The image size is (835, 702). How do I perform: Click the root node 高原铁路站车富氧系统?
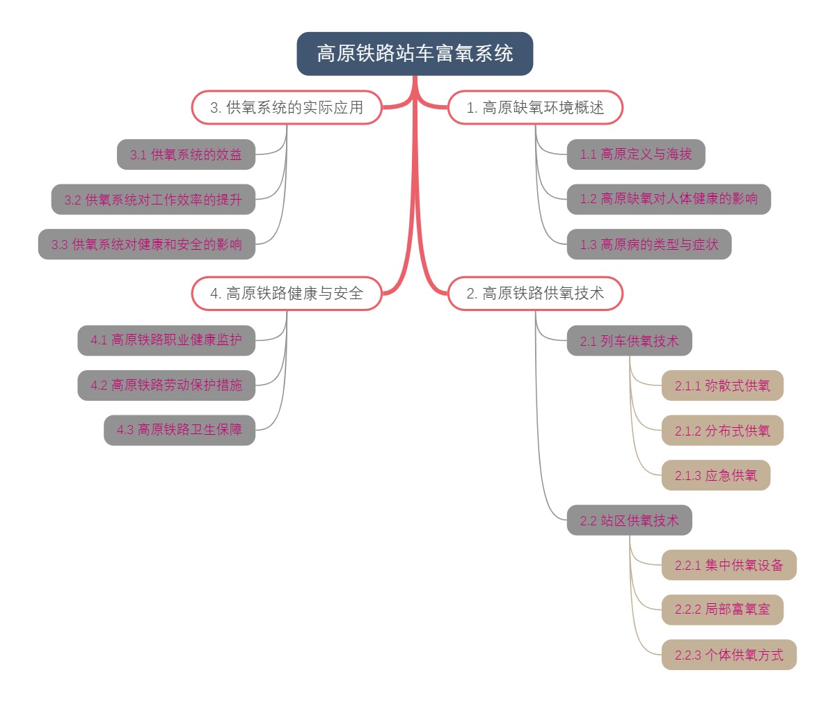coord(415,54)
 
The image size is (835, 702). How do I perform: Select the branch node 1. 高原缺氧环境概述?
coord(535,108)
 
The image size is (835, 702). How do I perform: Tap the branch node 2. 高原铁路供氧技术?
coord(535,294)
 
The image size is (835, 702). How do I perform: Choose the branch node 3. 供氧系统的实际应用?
coord(287,108)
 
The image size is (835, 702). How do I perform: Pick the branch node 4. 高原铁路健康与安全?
coord(287,294)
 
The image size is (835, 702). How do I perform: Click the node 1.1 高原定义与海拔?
coord(636,154)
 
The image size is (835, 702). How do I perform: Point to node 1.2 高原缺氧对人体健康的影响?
coord(669,199)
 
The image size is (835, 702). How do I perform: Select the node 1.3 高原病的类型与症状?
coord(649,244)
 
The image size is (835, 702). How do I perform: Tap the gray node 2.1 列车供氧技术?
coord(629,341)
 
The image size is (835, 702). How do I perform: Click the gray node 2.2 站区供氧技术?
coord(629,520)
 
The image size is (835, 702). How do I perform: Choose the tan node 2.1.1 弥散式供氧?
coord(722,385)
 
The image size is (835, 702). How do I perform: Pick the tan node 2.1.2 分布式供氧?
coord(722,431)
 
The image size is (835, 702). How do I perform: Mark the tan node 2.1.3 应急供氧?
coord(716,475)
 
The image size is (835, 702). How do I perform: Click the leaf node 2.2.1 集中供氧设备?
coord(729,565)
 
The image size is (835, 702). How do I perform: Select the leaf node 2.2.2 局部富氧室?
coord(722,609)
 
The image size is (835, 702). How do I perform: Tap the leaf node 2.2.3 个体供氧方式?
coord(729,655)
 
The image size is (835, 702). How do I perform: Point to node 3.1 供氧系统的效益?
coord(186,154)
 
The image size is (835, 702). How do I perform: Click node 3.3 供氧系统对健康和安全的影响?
coord(147,244)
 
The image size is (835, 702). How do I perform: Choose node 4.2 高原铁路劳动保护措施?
coord(166,385)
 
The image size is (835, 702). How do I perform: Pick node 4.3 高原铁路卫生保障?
coord(180,430)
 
